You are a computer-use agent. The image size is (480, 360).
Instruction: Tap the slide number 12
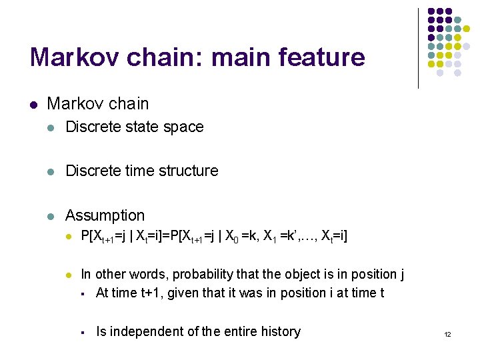point(447,334)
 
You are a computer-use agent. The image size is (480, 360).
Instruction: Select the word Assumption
point(105,215)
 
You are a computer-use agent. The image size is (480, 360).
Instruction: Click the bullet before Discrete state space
point(51,127)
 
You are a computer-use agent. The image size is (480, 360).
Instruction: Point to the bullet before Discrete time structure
point(51,171)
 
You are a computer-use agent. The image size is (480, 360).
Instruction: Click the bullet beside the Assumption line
point(51,216)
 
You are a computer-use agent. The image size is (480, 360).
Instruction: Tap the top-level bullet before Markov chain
point(33,105)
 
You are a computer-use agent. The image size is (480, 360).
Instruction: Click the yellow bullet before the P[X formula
point(68,237)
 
